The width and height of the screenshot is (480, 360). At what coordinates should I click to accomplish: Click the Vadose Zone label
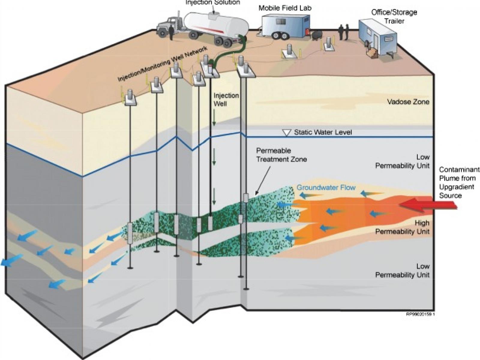[x=408, y=102]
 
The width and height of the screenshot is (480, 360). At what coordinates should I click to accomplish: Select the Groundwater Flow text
[x=326, y=188]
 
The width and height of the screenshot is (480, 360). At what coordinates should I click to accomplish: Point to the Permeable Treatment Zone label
[x=281, y=155]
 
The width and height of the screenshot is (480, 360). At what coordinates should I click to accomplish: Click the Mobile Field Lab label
[x=285, y=8]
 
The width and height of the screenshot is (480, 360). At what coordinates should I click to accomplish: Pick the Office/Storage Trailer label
[x=394, y=16]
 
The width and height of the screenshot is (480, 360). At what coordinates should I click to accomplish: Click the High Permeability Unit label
[x=402, y=227]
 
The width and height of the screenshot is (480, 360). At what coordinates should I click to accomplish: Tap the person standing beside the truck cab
[x=171, y=32]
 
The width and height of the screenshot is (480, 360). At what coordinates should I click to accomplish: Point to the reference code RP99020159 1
[x=420, y=314]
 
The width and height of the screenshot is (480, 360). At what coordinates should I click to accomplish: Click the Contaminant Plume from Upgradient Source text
[x=459, y=182]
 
